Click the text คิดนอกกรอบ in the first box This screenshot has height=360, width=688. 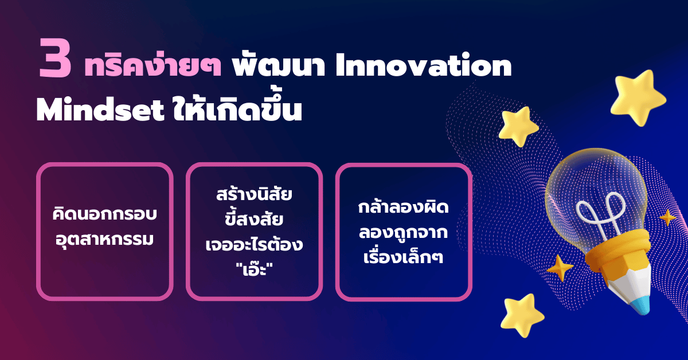coord(104,216)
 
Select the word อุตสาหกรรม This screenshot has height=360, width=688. coord(104,238)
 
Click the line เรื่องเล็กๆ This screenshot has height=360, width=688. coord(404,256)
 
